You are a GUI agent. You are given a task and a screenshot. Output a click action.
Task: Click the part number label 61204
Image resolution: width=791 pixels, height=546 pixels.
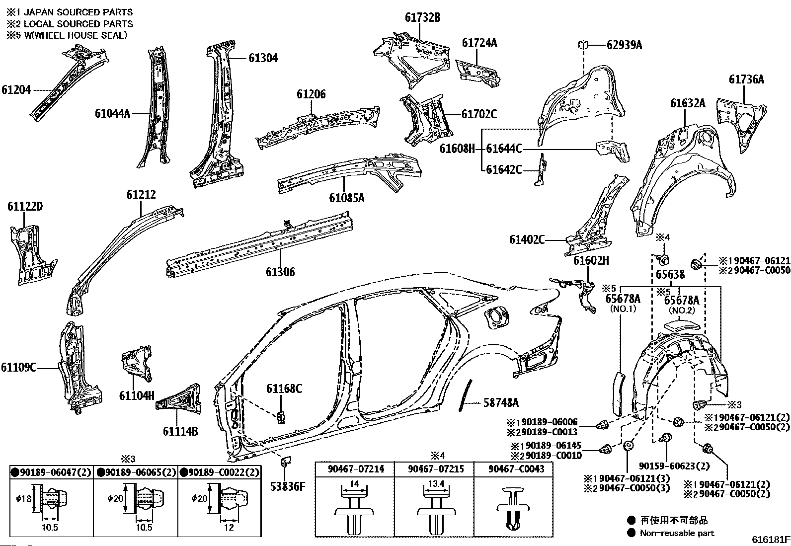tap(16, 90)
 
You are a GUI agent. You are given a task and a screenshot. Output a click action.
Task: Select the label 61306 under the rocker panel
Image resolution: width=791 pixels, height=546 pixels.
tap(280, 272)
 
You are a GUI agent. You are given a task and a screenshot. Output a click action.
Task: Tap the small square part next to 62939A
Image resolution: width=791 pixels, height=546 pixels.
tap(583, 44)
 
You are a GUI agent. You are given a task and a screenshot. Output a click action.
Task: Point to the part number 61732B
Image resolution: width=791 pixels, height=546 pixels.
tap(422, 18)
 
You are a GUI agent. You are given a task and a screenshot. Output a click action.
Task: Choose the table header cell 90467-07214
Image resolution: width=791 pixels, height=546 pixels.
tap(355, 468)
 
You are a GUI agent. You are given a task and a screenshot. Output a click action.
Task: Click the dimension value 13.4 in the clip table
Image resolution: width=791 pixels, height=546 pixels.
tap(433, 484)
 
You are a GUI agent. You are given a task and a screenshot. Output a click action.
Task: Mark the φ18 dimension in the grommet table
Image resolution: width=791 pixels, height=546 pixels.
tap(23, 498)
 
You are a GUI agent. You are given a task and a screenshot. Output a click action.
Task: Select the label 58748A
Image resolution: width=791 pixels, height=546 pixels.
tap(501, 402)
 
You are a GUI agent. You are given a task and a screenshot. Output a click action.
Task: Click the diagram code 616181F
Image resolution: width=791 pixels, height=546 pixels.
tap(770, 540)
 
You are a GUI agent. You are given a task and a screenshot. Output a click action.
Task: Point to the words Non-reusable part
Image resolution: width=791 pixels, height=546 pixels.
tap(677, 533)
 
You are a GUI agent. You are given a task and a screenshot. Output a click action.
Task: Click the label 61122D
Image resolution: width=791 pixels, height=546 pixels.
tap(25, 207)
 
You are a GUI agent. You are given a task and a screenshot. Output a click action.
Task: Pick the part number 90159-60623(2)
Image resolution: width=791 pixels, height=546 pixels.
tap(674, 466)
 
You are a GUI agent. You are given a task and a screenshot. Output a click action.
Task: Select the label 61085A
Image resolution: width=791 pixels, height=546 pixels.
tap(347, 198)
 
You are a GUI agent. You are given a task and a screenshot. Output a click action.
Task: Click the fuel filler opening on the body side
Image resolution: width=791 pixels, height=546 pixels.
tap(497, 316)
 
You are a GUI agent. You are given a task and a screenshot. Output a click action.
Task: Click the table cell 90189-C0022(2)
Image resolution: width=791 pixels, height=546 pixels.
tap(219, 472)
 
